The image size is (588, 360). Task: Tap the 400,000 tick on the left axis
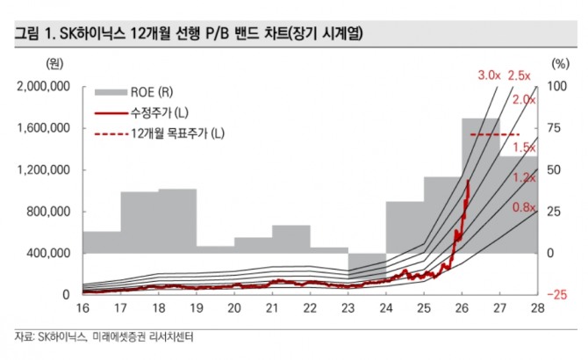pos(49,253)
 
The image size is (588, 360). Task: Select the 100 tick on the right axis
pos(556,86)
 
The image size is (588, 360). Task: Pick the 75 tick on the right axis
pos(554,128)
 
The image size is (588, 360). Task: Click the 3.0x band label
pos(489,75)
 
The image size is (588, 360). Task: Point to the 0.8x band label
pos(524,207)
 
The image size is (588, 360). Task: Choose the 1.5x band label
pos(524,147)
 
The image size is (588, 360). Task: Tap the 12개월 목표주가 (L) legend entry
pos(176,133)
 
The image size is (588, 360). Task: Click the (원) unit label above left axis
pos(53,63)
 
